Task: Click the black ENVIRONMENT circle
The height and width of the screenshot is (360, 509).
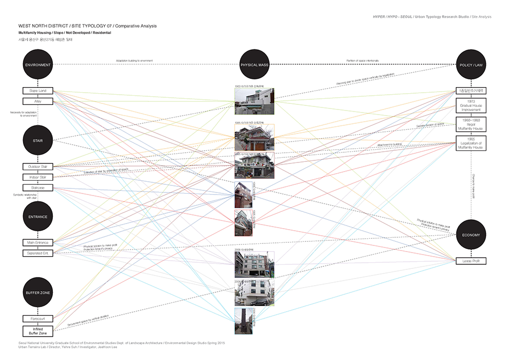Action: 38,65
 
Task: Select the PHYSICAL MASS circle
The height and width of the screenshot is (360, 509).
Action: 254,65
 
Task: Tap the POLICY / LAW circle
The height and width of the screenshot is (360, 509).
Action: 471,65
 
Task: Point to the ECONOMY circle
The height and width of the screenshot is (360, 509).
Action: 471,235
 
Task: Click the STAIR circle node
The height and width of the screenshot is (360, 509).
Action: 38,141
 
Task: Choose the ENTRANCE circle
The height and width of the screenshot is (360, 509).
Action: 38,216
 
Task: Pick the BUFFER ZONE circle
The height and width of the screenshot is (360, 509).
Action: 38,293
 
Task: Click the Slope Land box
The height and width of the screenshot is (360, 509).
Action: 38,91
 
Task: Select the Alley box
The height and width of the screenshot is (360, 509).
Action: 38,101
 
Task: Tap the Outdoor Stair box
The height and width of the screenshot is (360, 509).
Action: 38,167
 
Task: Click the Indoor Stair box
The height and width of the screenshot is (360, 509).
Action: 38,177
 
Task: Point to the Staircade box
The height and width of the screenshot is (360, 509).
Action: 38,188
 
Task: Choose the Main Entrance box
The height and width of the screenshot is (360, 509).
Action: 38,242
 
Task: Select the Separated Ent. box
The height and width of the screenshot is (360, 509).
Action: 38,253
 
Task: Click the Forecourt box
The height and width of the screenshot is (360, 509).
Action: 38,319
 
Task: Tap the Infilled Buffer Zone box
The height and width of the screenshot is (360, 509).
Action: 38,331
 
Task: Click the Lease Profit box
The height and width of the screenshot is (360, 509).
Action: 471,261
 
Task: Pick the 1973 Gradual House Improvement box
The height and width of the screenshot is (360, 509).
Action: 471,106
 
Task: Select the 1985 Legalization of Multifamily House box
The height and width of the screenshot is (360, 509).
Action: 471,143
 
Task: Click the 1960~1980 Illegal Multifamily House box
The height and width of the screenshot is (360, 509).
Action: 471,124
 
